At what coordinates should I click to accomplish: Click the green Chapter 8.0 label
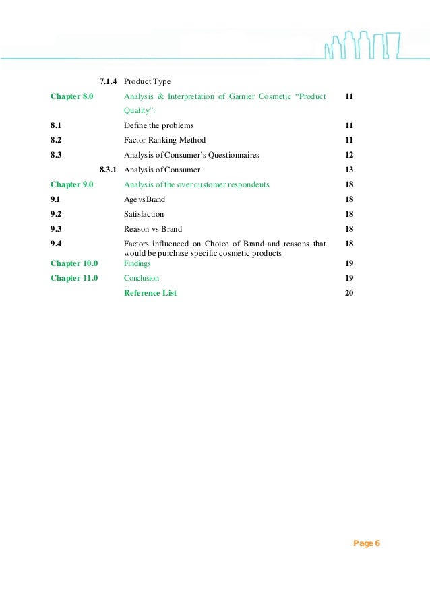pyautogui.click(x=73, y=97)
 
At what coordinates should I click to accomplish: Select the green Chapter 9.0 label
pyautogui.click(x=73, y=184)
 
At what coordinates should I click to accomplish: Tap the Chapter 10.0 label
pyautogui.click(x=74, y=263)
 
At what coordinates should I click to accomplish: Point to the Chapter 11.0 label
pyautogui.click(x=74, y=278)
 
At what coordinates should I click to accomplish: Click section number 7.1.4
pyautogui.click(x=109, y=82)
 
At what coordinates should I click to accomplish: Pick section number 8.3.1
pyautogui.click(x=109, y=170)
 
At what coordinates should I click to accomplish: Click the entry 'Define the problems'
pyautogui.click(x=158, y=125)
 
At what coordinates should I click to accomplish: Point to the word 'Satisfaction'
pyautogui.click(x=144, y=214)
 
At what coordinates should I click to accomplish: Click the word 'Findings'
pyautogui.click(x=137, y=263)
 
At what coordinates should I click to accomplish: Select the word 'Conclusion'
pyautogui.click(x=142, y=278)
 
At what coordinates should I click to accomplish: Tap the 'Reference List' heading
pyautogui.click(x=150, y=293)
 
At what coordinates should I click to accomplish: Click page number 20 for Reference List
pyautogui.click(x=349, y=293)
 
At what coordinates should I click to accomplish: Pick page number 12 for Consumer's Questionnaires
pyautogui.click(x=349, y=155)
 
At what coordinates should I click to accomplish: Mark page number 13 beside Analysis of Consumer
pyautogui.click(x=349, y=170)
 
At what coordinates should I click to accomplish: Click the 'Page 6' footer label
pyautogui.click(x=367, y=543)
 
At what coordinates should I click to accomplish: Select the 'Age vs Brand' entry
pyautogui.click(x=144, y=199)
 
